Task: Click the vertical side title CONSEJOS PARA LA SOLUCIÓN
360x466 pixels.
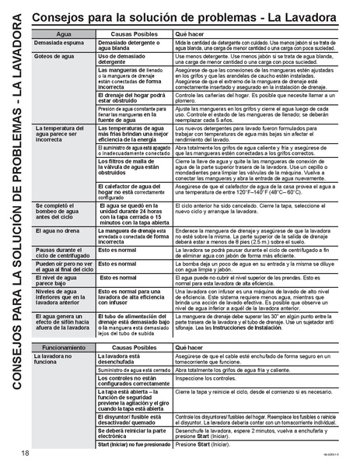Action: (x=16, y=233)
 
